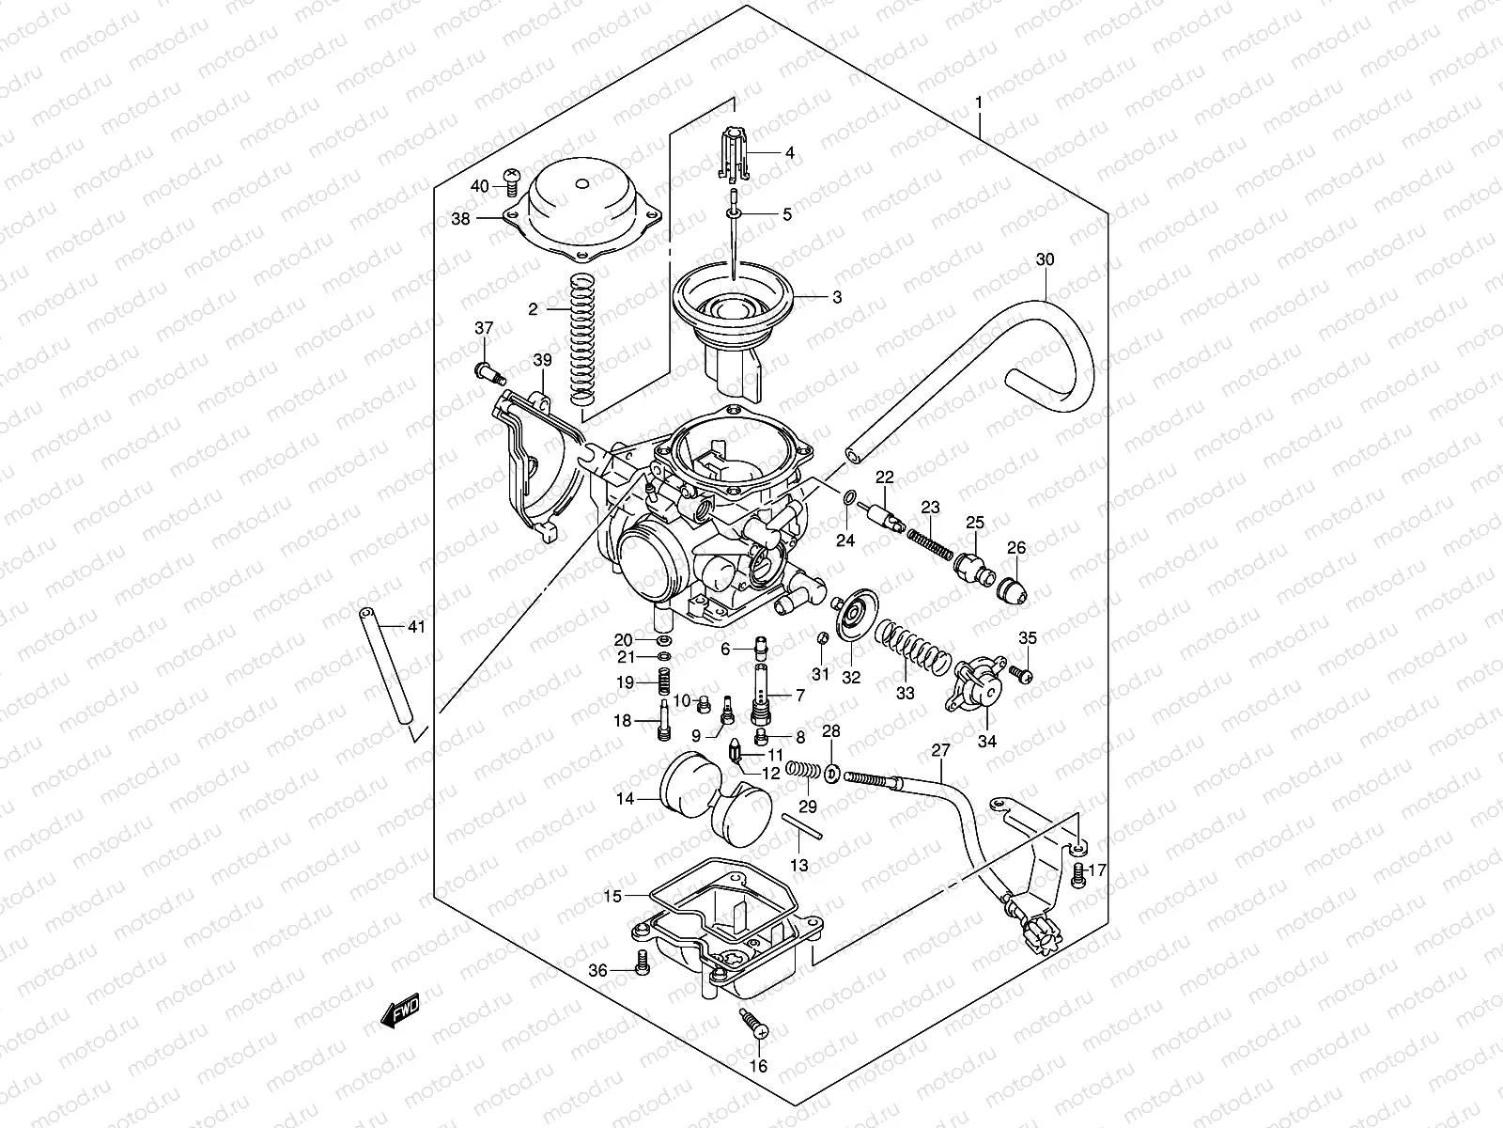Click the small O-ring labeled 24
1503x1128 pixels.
848,498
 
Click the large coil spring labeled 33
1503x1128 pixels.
909,648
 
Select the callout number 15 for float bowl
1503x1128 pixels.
612,896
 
